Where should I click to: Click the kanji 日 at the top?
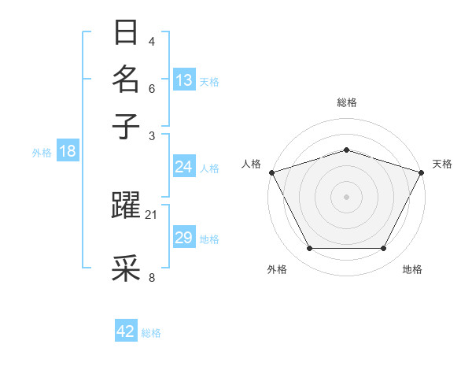tap(126, 34)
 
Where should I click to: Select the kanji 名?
tap(126, 80)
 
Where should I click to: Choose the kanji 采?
tap(126, 268)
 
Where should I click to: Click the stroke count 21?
tap(152, 214)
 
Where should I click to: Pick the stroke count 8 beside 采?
tap(152, 277)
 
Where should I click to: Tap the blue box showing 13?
tap(184, 80)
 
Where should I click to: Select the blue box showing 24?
tap(184, 167)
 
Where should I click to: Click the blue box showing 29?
tap(184, 238)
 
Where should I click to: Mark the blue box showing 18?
tap(68, 151)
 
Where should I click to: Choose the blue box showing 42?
tap(126, 331)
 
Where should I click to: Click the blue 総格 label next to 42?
tap(151, 333)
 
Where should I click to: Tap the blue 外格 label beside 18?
tap(42, 153)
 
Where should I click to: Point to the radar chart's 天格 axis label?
tap(442, 164)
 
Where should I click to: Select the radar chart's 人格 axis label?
tap(252, 164)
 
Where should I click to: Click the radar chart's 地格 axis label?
tap(412, 269)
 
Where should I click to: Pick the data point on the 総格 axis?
tap(346, 150)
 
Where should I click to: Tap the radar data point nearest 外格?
tap(309, 249)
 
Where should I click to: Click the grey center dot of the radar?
tap(346, 196)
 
